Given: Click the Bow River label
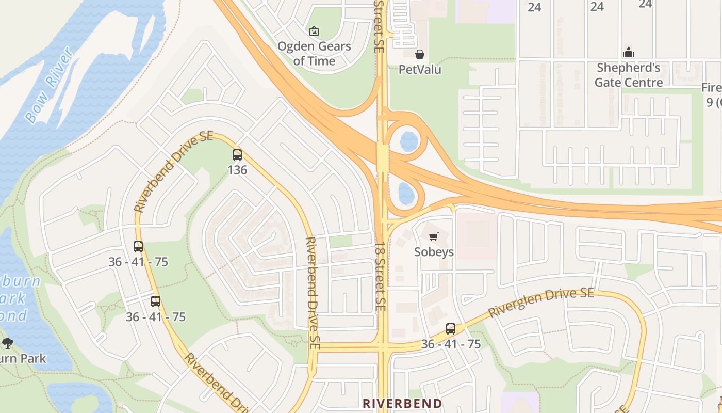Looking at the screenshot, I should (50, 85).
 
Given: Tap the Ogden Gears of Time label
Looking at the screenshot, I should (314, 54).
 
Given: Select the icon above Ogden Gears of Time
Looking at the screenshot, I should (314, 31).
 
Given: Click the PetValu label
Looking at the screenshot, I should (420, 69).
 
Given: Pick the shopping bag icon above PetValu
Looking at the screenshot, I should (420, 54).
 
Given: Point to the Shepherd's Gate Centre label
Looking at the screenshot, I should (629, 75).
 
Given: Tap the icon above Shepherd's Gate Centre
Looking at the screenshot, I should (629, 52).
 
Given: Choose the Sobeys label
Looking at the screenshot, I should (434, 252).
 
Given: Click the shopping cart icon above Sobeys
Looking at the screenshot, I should (434, 237).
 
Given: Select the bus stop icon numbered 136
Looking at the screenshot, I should (237, 154).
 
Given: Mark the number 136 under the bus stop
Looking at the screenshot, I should (237, 169).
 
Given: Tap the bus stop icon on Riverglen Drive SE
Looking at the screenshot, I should (451, 329).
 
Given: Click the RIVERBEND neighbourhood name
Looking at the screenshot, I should (402, 403).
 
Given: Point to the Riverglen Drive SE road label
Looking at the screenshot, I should (541, 302).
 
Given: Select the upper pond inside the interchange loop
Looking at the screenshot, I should (409, 141).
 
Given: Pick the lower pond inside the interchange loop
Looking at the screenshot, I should (406, 193).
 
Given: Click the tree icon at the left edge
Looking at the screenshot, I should (8, 343).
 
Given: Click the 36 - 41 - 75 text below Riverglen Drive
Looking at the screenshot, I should (451, 344).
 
